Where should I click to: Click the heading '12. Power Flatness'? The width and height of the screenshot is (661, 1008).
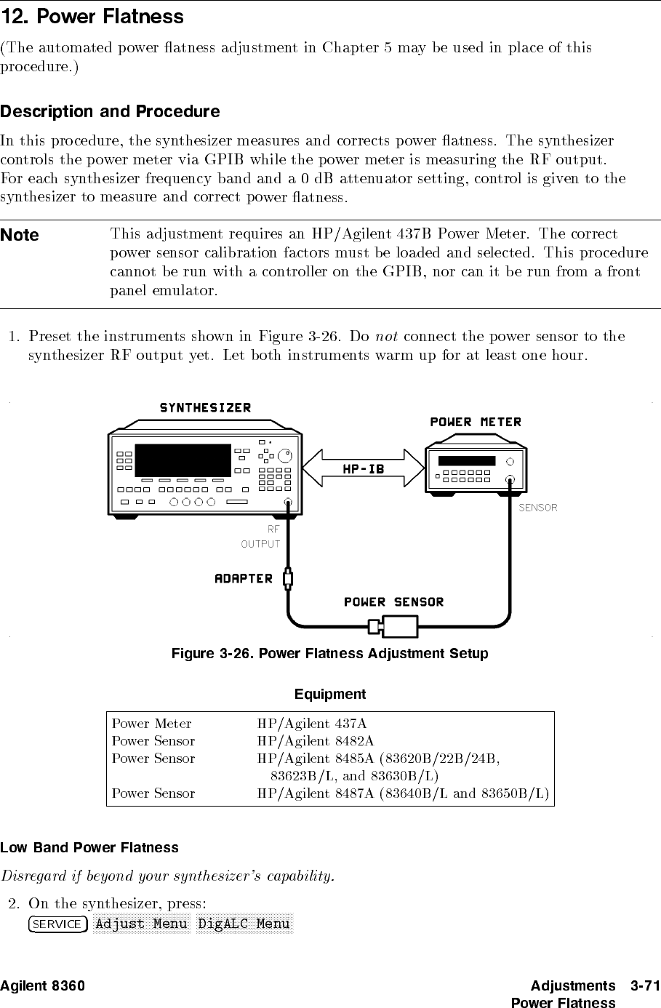92,17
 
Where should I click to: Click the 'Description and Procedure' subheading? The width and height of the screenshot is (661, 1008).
110,111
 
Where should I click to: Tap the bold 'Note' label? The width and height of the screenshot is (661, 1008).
20,235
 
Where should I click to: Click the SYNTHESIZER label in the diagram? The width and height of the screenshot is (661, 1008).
205,407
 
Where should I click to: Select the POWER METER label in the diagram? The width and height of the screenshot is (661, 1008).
476,422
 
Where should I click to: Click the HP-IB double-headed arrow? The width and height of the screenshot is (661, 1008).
364,468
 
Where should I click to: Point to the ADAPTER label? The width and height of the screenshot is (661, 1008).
244,578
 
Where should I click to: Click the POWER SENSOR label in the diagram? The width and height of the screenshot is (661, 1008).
393,601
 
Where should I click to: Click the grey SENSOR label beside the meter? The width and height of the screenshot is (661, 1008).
537,508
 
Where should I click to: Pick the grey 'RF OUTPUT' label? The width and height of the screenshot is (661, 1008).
261,537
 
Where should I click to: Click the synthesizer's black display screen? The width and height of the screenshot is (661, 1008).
183,460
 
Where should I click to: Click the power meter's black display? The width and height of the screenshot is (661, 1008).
467,461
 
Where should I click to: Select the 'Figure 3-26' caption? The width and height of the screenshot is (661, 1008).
329,653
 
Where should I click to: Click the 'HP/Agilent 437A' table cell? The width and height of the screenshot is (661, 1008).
312,724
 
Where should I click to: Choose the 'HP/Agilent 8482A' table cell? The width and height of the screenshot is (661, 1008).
316,741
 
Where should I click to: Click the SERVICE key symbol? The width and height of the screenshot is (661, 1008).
58,924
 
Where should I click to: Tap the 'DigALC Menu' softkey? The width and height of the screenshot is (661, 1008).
244,924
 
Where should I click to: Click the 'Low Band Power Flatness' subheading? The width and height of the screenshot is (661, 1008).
89,847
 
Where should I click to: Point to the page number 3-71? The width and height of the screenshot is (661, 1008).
645,985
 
